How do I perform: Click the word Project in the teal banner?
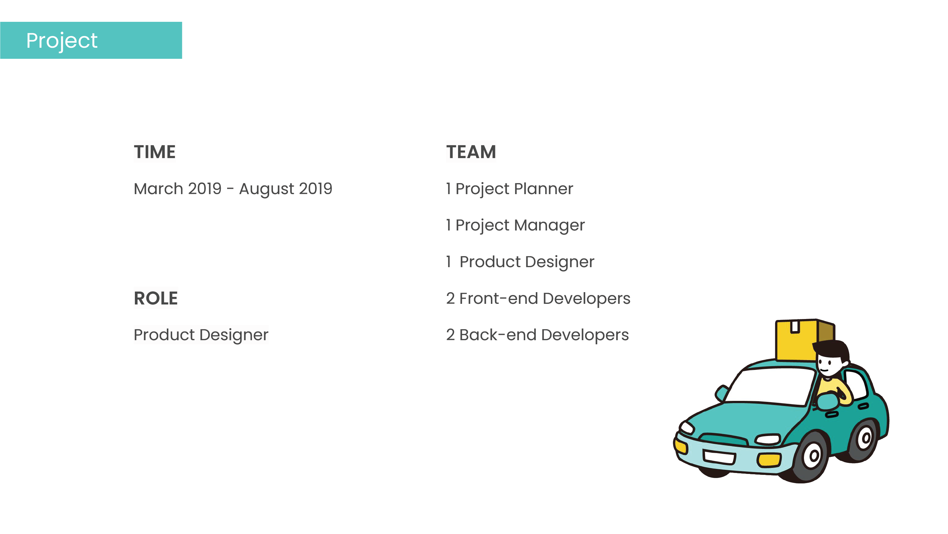[62, 41]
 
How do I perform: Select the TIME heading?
[154, 152]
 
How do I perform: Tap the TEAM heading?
[471, 152]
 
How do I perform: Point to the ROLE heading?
[156, 298]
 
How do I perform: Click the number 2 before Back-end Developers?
[450, 335]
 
